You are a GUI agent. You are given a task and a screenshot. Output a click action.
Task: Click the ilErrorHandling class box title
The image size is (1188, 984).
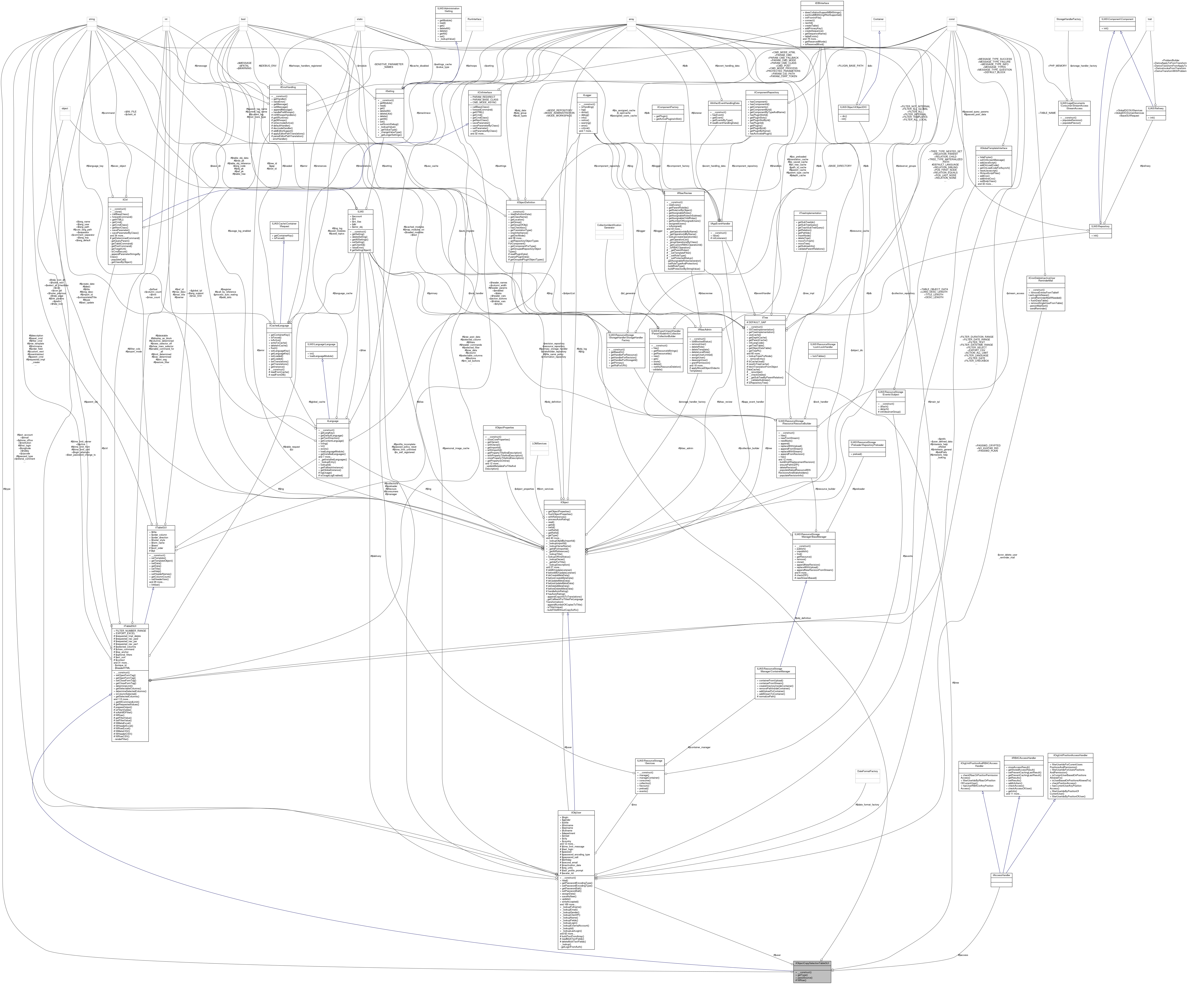tap(287, 87)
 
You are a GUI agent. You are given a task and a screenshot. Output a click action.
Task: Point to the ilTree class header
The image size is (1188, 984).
tap(765, 318)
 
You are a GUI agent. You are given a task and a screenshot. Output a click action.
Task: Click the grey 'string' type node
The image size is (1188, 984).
tap(91, 19)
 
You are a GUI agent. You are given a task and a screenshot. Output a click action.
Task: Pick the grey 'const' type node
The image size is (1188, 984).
tap(951, 19)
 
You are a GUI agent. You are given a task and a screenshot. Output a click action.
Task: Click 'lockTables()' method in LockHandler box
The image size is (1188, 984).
tap(824, 356)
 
